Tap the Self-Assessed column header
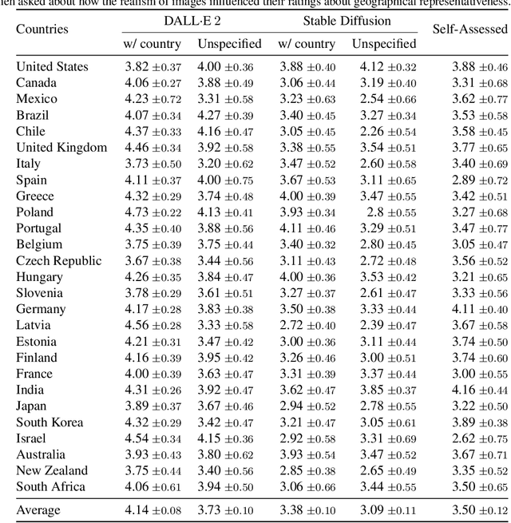pyautogui.click(x=469, y=30)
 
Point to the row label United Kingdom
pyautogui.click(x=61, y=147)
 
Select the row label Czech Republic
pyautogui.click(x=59, y=260)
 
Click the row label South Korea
pyautogui.click(x=50, y=422)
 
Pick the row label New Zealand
pyautogui.click(x=52, y=470)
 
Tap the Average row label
pyautogui.click(x=38, y=509)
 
